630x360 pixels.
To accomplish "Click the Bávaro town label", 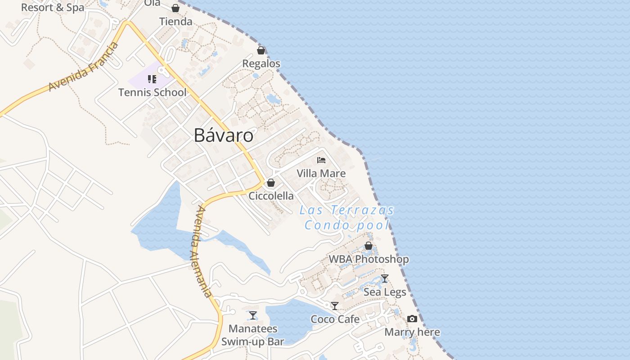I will [x=223, y=135].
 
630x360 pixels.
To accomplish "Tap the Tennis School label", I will [x=152, y=92].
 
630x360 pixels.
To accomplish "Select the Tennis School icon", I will [x=152, y=80].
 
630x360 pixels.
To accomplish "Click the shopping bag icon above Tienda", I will [x=175, y=8].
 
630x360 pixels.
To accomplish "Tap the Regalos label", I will [x=261, y=63].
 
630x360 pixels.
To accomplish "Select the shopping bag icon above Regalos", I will [x=261, y=50].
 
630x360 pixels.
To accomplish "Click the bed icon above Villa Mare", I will [x=321, y=160].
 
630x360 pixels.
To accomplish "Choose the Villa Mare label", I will [x=321, y=173].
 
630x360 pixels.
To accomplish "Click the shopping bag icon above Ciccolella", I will [x=271, y=183].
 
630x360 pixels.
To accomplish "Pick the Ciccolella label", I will [x=271, y=196].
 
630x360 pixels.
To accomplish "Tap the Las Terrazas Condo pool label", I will [x=347, y=217].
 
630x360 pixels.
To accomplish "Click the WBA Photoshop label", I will [x=369, y=259].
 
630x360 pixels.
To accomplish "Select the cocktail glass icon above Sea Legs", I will [x=385, y=279].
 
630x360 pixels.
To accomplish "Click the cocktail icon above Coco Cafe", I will [x=335, y=306].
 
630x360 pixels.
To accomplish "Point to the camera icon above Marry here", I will [x=412, y=319].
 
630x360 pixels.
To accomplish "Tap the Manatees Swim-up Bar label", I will [x=253, y=335].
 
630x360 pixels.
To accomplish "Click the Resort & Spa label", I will [x=53, y=8].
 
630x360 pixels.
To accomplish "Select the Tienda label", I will [x=175, y=21].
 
